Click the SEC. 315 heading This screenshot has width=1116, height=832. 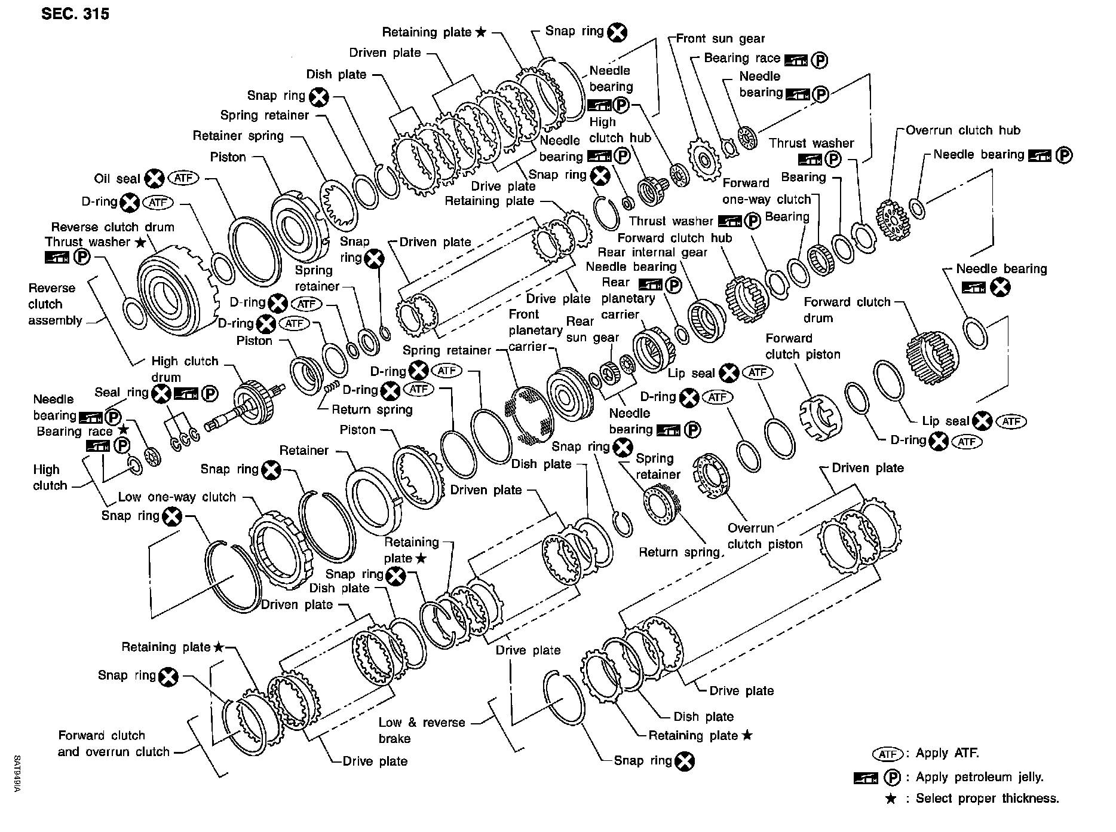point(75,14)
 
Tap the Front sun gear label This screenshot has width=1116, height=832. point(720,39)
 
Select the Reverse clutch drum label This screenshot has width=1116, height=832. point(112,227)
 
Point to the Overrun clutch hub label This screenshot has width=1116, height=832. point(963,130)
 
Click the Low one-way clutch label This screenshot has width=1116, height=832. point(177,497)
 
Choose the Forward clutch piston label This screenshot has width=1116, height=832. point(802,346)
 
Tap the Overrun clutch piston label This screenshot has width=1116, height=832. point(765,536)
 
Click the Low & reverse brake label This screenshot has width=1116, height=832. point(421,730)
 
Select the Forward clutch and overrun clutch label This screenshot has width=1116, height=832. point(114,744)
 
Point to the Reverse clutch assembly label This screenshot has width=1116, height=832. point(55,304)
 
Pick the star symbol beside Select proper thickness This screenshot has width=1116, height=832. point(890,799)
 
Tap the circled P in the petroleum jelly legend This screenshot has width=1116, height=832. point(892,778)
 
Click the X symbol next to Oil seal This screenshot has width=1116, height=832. point(155,178)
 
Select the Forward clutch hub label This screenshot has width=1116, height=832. point(674,238)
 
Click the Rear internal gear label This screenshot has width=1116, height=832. point(652,252)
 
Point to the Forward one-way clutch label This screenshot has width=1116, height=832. point(767,191)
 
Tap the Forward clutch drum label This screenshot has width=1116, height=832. point(847,310)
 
